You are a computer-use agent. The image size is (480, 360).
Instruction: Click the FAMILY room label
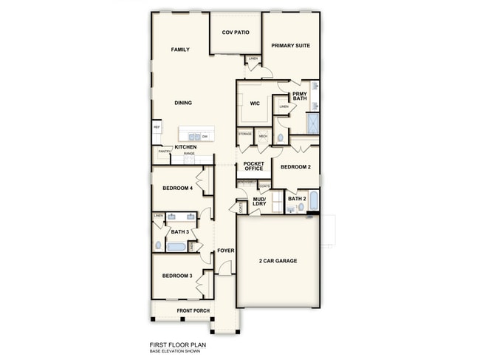(x=180, y=50)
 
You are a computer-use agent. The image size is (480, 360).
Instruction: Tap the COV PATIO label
(x=236, y=33)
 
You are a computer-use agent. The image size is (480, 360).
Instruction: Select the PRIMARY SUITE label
(x=290, y=46)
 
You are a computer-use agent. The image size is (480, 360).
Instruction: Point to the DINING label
(x=183, y=103)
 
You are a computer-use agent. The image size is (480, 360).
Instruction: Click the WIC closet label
(x=255, y=103)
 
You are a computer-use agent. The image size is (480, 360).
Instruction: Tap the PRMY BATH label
(x=299, y=96)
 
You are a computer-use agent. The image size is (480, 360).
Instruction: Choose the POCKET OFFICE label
(x=253, y=166)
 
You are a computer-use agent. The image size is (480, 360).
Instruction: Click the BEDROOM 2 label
(x=295, y=167)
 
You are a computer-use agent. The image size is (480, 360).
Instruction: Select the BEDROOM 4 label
(x=177, y=189)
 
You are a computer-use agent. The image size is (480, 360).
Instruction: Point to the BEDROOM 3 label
(x=177, y=276)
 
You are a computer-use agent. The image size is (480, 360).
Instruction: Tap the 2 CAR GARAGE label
(x=278, y=261)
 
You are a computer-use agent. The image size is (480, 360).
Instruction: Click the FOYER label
(x=225, y=251)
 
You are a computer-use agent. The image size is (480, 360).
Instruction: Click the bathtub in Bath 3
(x=177, y=247)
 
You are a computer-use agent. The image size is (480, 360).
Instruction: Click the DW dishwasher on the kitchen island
(x=205, y=136)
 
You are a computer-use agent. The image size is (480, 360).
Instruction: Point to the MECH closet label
(x=262, y=137)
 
